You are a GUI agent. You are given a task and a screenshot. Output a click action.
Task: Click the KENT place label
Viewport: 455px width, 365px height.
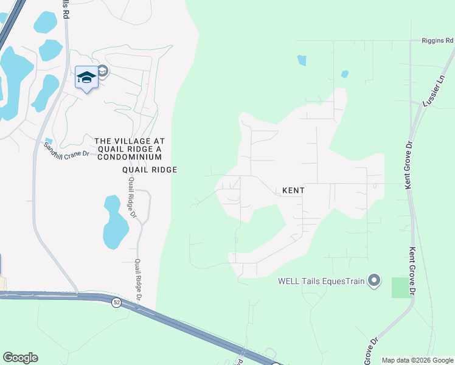pyautogui.click(x=293, y=190)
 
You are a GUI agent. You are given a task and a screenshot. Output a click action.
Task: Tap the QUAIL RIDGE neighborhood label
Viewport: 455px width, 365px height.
pyautogui.click(x=150, y=170)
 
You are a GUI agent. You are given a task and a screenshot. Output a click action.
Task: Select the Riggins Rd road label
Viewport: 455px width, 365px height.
pyautogui.click(x=437, y=41)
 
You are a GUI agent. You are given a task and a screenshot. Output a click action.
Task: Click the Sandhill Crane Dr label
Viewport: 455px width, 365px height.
pyautogui.click(x=67, y=149)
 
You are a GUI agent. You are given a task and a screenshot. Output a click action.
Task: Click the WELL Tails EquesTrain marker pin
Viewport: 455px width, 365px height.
pyautogui.click(x=374, y=280)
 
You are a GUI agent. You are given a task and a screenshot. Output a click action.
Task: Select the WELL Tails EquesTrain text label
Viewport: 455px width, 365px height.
pyautogui.click(x=320, y=281)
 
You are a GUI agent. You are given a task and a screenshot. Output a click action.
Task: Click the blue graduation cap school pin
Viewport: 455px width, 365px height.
pyautogui.click(x=86, y=77)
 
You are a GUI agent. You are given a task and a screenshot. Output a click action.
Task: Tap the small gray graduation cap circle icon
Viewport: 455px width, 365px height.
pyautogui.click(x=102, y=71)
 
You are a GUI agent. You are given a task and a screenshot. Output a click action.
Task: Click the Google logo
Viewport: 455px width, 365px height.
pyautogui.click(x=20, y=358)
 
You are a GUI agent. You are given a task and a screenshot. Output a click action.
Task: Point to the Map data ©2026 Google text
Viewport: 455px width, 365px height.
pyautogui.click(x=417, y=360)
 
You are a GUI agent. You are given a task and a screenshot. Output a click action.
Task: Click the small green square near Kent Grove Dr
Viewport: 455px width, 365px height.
pyautogui.click(x=401, y=287)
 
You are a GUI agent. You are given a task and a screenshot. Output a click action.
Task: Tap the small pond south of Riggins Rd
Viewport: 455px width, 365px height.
pyautogui.click(x=302, y=60)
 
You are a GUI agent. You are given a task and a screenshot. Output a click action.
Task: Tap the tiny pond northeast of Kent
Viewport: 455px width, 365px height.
pyautogui.click(x=345, y=74)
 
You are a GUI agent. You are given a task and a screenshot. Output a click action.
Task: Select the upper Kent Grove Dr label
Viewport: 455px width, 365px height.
pyautogui.click(x=409, y=165)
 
